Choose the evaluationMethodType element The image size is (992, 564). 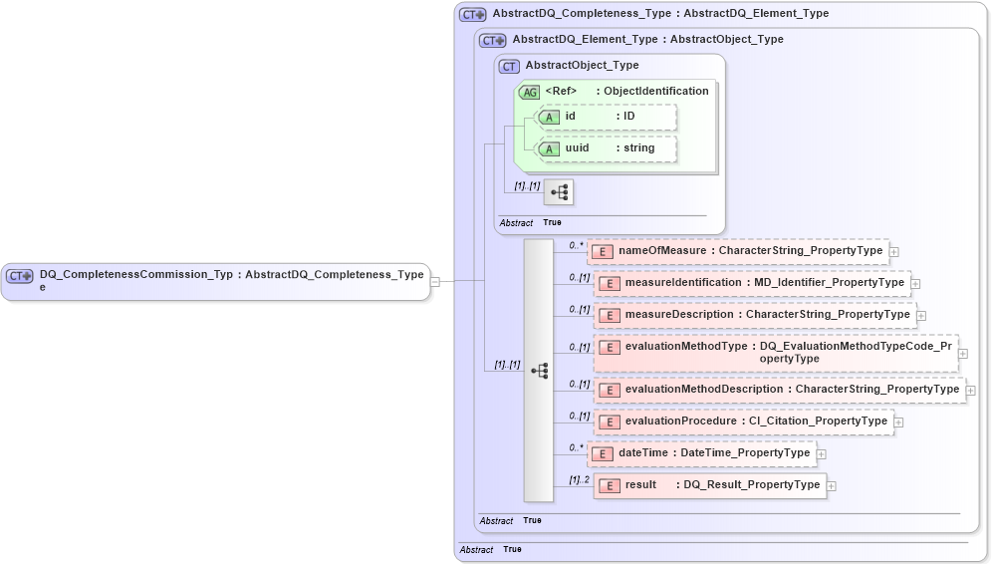point(776,352)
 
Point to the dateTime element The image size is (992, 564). point(702,453)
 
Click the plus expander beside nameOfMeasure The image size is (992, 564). point(894,252)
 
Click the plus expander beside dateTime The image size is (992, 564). point(822,454)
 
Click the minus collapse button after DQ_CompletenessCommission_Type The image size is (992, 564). point(435,281)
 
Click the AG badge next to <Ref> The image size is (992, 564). point(529,92)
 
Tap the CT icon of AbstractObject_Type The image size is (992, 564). point(509,66)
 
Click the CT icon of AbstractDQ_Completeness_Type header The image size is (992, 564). point(472,15)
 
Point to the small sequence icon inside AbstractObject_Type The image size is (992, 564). point(560,191)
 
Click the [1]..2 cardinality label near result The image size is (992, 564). point(580,479)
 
